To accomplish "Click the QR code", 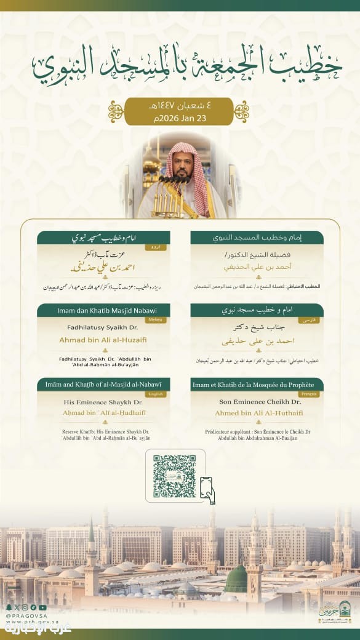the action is [174, 476].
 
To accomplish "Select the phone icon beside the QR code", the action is [207, 490].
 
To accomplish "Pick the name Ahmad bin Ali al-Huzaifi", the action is [103, 339].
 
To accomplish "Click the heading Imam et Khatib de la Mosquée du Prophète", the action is [257, 384].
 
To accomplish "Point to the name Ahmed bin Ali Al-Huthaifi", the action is [257, 413].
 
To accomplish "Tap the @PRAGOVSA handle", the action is [23, 615].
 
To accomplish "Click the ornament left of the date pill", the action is [116, 111].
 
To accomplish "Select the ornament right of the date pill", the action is [241, 111].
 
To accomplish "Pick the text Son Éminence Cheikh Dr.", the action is [257, 402].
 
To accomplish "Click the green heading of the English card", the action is [103, 383].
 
